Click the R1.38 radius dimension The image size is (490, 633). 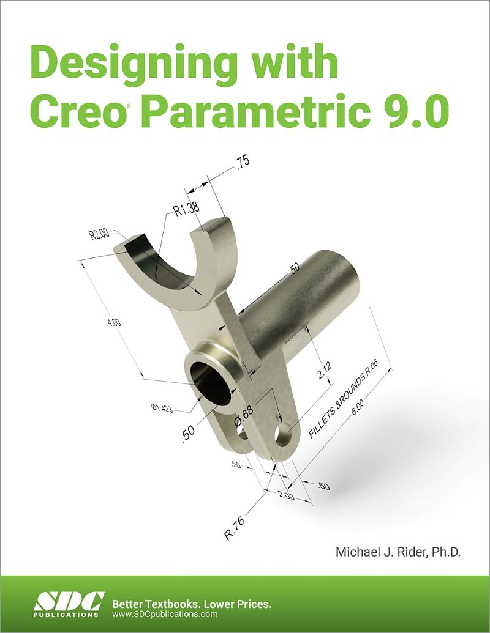[x=186, y=210]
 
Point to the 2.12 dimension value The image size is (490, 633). [x=325, y=371]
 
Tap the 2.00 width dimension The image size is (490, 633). [x=286, y=495]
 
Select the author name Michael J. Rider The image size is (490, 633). [x=398, y=552]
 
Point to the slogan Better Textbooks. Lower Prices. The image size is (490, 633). [x=192, y=604]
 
